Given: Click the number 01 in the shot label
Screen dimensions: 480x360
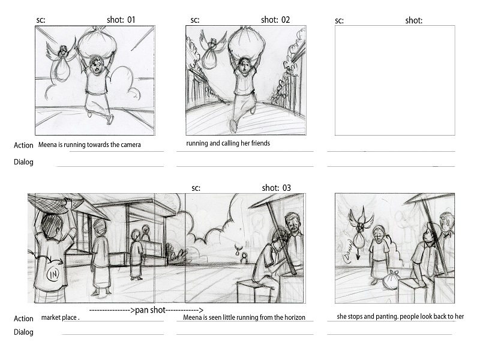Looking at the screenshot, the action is coord(131,20).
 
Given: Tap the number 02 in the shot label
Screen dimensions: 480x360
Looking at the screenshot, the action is coord(286,20).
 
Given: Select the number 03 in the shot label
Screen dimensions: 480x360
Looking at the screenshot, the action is coord(287,188).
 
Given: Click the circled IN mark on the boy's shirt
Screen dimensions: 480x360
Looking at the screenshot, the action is coord(53,274).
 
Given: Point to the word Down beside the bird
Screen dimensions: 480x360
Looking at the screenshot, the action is coord(349,251).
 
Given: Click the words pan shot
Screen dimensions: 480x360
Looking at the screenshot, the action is coord(151,310).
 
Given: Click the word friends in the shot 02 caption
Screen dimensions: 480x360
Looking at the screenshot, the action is coord(260,143).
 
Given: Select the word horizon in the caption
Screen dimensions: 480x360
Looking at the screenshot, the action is coord(295,317).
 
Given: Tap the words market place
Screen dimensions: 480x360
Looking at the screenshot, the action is coord(60,317).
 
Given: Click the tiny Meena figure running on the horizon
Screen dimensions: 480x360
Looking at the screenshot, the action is coord(244,257).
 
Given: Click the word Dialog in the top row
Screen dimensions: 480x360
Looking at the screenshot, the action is coord(23,162).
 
